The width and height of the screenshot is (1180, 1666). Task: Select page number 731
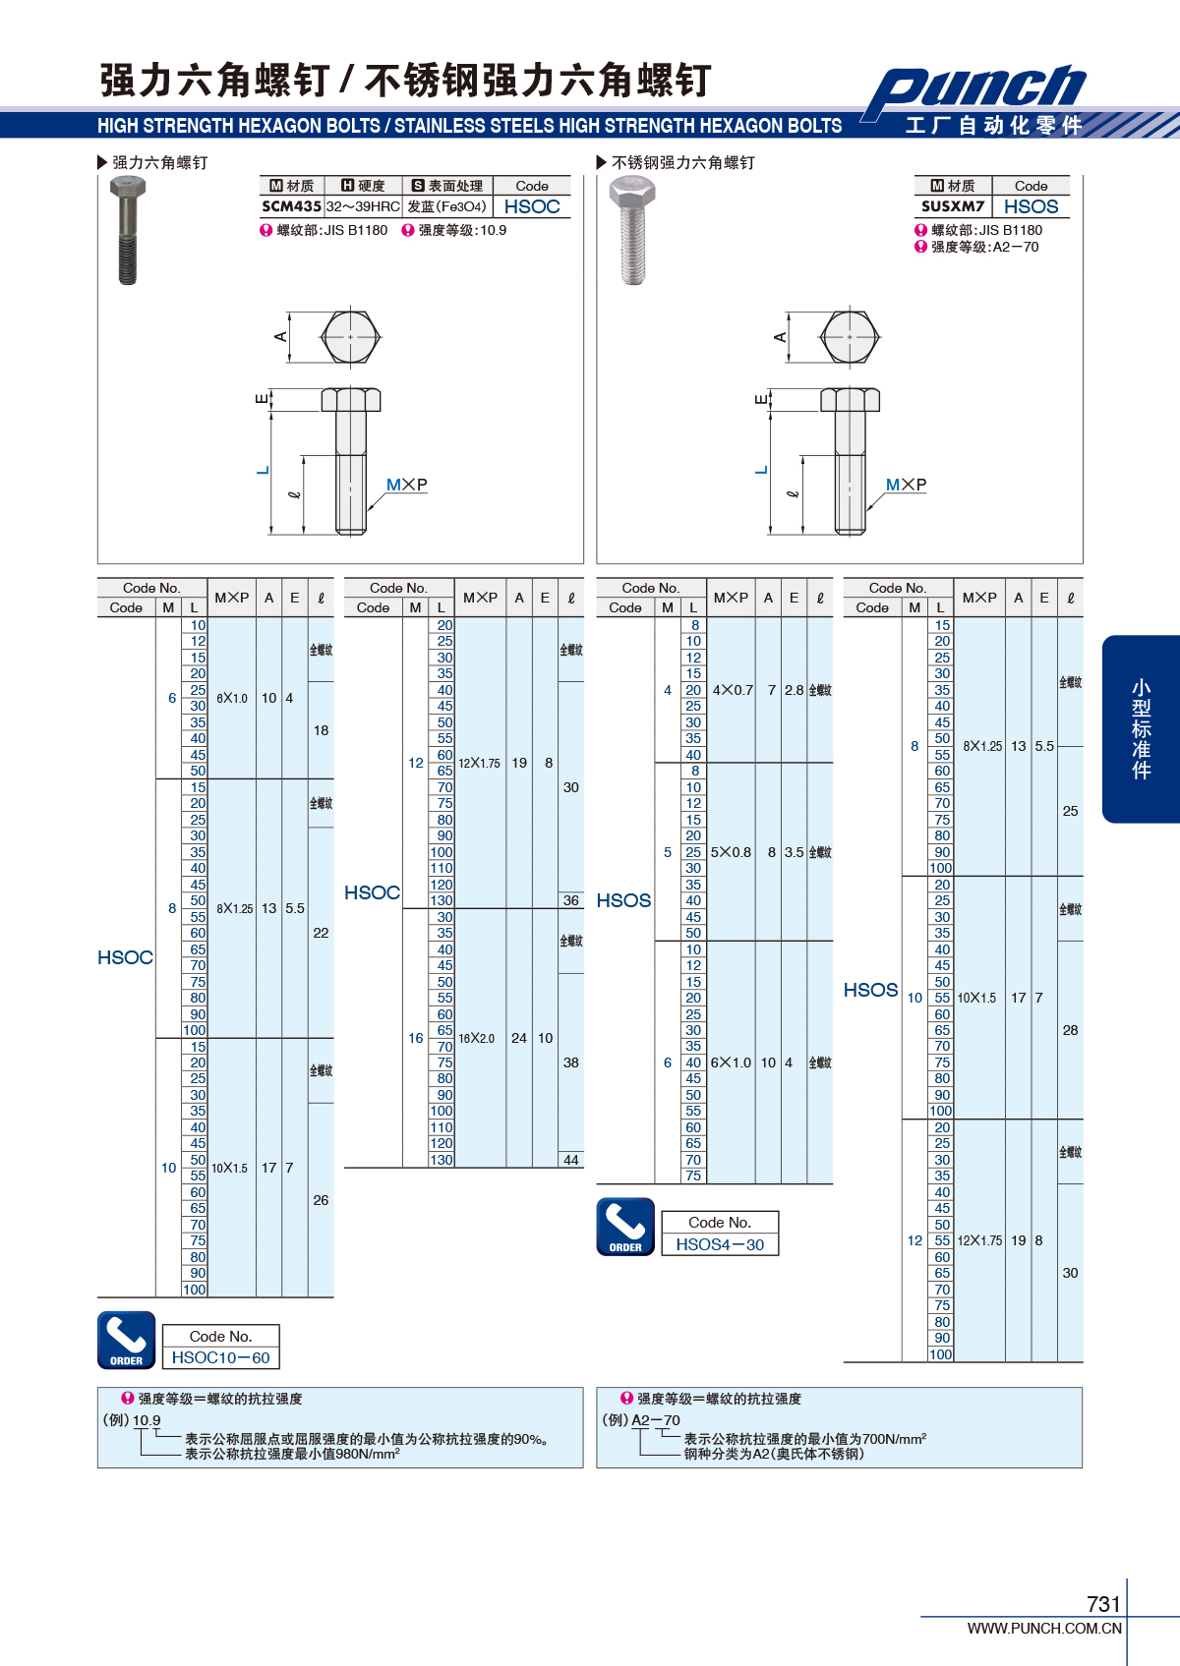coord(1103,1603)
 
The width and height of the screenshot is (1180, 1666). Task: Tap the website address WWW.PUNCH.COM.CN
coord(1044,1628)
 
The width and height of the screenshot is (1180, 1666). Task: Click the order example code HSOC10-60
coord(221,1357)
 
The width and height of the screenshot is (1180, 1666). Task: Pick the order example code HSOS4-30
coord(720,1244)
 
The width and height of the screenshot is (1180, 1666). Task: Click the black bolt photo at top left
coord(128,231)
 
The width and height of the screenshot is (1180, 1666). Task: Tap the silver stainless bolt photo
coord(632,231)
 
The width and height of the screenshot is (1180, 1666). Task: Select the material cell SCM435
coord(292,206)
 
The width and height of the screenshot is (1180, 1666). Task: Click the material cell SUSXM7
coord(952,206)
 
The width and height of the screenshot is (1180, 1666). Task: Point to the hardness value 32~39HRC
coord(363,206)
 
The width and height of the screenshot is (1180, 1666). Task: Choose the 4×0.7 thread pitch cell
coord(733,690)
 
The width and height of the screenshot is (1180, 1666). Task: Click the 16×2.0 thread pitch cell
coord(476,1038)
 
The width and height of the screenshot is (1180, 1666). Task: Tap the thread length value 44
coord(570,1160)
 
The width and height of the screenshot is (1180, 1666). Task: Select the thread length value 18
coord(321,730)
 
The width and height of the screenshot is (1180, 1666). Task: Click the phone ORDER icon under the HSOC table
coord(127,1341)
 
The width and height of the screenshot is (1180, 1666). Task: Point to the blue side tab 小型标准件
coord(1141,729)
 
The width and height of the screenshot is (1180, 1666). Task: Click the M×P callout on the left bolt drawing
coord(406,485)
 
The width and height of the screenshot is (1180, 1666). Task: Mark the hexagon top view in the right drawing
coord(850,337)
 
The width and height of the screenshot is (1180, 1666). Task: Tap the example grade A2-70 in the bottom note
coord(656,1420)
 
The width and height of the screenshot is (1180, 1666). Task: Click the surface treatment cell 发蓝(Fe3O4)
coord(446,206)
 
